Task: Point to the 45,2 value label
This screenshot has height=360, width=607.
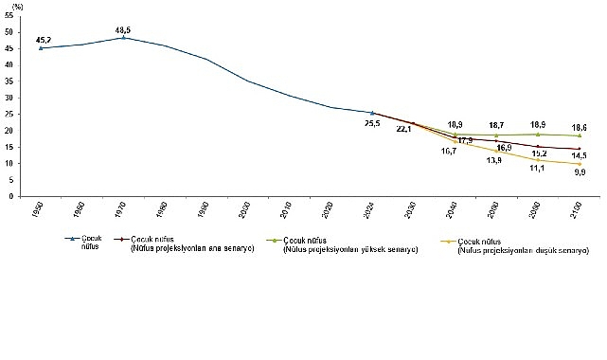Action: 43,40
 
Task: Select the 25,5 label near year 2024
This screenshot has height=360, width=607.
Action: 372,123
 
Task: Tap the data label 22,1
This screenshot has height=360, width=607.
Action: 403,128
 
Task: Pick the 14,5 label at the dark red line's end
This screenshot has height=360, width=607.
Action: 579,155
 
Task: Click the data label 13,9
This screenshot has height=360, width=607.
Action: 495,159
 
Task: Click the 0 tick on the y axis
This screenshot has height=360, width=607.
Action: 9,196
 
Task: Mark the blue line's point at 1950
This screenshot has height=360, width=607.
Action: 41,48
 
